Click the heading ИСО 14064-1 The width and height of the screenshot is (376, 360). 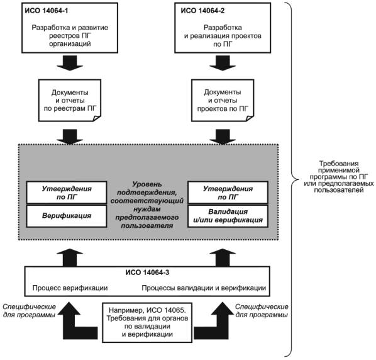[x=47, y=11]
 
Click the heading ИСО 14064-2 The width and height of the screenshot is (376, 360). [x=202, y=11]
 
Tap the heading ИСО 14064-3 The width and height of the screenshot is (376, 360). [x=147, y=273]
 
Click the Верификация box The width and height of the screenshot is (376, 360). [x=67, y=216]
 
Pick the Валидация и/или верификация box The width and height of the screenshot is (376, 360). [x=228, y=216]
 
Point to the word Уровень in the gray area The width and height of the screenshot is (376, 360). [x=147, y=184]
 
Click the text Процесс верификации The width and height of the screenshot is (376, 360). [x=70, y=288]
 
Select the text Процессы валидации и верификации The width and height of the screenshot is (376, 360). [x=204, y=288]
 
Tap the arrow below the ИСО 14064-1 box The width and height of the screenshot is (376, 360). [x=70, y=63]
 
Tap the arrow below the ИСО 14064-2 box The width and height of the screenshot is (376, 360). [x=223, y=63]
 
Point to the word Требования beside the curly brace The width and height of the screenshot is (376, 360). [x=339, y=164]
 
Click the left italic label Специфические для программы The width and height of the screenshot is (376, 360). [x=30, y=311]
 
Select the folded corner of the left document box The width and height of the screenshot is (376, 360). [x=97, y=118]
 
